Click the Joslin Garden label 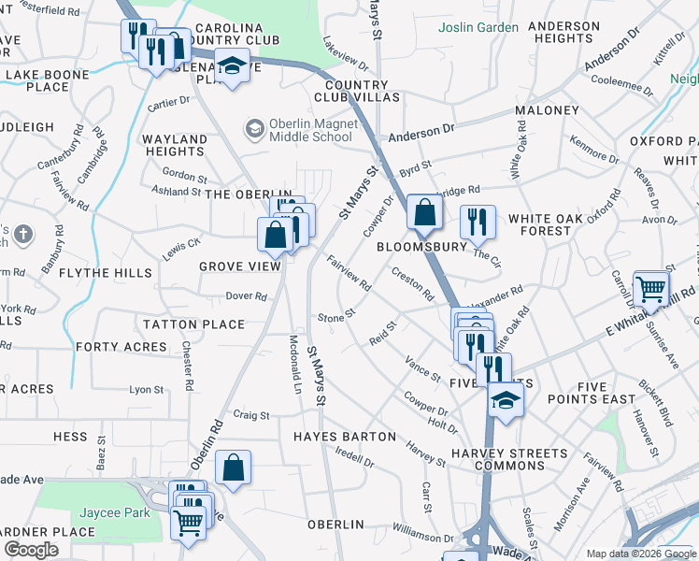pyautogui.click(x=478, y=27)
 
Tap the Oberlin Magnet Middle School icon pyautogui.click(x=253, y=126)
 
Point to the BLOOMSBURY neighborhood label pyautogui.click(x=421, y=248)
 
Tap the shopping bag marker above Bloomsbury pyautogui.click(x=424, y=213)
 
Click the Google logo pyautogui.click(x=31, y=550)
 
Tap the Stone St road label pyautogui.click(x=336, y=317)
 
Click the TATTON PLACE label pyautogui.click(x=193, y=324)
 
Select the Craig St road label pyautogui.click(x=250, y=414)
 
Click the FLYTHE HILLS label pyautogui.click(x=105, y=273)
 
